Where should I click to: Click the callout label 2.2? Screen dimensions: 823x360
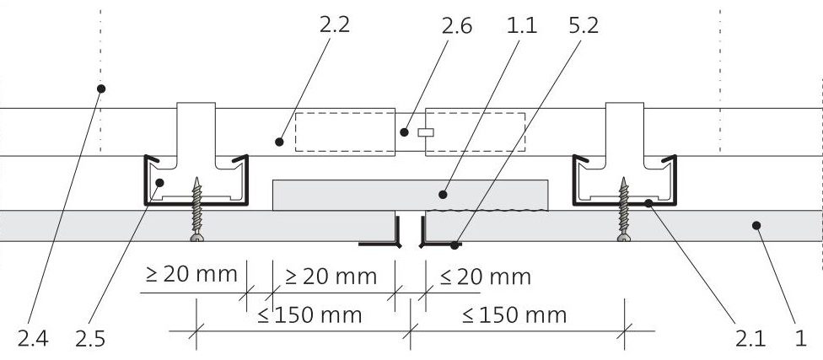click(334, 24)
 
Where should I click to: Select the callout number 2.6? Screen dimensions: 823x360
click(456, 25)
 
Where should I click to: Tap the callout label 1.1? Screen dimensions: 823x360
click(522, 25)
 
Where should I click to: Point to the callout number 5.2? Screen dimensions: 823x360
click(584, 25)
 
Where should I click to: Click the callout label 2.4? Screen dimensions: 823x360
click(33, 338)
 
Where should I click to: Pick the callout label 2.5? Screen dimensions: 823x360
click(90, 338)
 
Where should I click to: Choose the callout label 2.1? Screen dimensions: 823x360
click(750, 338)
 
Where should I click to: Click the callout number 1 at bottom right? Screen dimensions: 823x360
click(800, 338)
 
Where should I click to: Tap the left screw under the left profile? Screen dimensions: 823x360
click(196, 209)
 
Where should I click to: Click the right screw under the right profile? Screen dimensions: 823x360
click(623, 209)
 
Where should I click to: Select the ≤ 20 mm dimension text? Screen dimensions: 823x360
click(486, 277)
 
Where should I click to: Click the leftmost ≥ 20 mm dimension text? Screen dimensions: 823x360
click(191, 274)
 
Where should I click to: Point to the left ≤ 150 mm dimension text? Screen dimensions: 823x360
click(309, 314)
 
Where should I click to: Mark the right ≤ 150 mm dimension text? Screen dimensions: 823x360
click(514, 314)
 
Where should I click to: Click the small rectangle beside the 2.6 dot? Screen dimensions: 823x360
click(426, 132)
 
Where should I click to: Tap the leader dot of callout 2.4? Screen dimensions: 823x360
click(101, 89)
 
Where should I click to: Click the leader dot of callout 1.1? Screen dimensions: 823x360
click(443, 195)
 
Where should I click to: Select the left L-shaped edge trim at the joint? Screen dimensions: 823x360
click(379, 231)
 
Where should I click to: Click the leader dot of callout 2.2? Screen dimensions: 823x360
click(279, 142)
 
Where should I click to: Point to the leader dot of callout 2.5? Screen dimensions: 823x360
click(160, 182)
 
